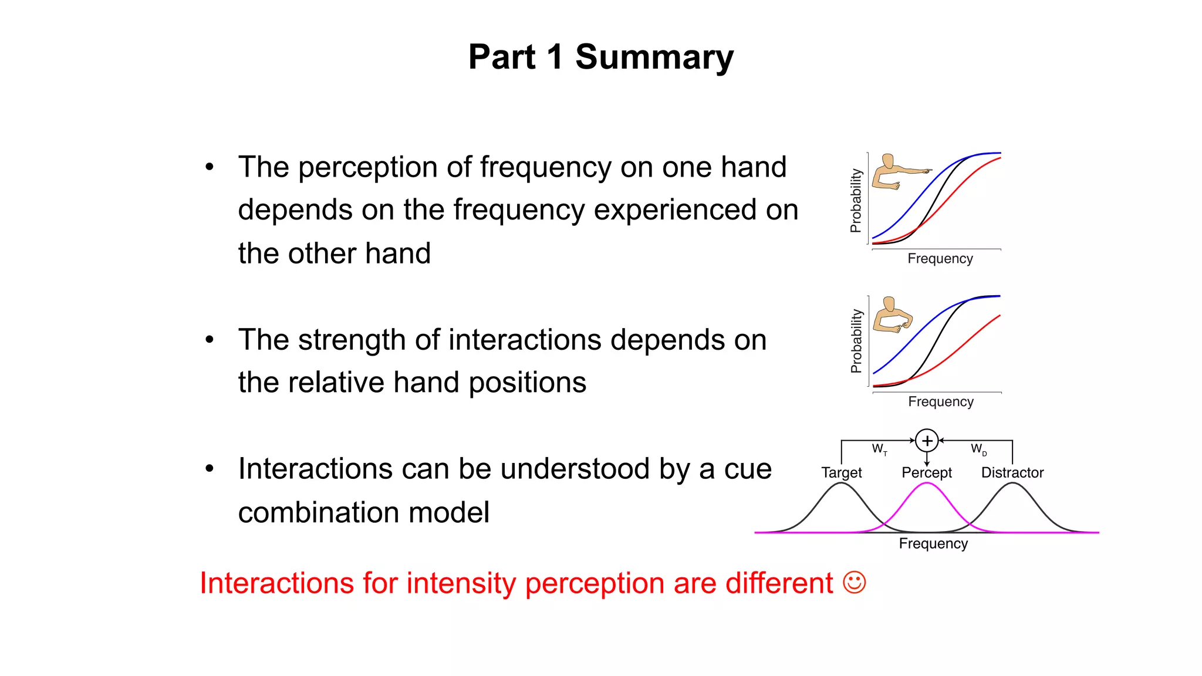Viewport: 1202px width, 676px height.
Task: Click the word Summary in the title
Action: click(654, 58)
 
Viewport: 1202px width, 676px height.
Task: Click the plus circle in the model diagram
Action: click(927, 440)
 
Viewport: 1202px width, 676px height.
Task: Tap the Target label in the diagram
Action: click(841, 472)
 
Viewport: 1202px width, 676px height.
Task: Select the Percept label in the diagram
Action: click(926, 472)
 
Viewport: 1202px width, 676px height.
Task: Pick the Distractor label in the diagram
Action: click(1012, 472)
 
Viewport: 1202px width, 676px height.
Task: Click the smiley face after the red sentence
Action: click(854, 583)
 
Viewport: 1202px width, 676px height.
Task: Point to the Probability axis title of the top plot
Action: click(856, 201)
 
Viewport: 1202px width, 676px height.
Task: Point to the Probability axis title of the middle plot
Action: click(856, 341)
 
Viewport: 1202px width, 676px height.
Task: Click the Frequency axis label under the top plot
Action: click(940, 259)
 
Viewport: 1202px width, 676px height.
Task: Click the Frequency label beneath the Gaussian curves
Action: click(933, 543)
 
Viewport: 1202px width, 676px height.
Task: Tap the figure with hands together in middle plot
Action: click(892, 316)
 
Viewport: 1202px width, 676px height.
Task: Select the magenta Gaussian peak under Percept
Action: click(926, 485)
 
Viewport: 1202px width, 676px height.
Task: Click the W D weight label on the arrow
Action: click(978, 449)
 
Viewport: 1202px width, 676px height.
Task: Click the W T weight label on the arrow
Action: click(879, 449)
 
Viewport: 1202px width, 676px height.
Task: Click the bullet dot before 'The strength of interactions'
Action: click(210, 340)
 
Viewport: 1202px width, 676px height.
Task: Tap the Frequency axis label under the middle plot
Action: click(940, 402)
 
